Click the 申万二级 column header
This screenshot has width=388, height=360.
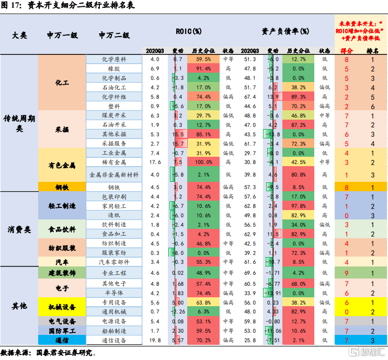[x=113, y=36]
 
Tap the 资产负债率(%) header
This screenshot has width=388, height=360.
[x=286, y=31]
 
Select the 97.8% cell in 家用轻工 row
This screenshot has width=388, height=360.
[x=298, y=206]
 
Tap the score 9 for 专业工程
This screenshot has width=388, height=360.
[x=346, y=273]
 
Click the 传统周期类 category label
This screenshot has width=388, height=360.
[x=19, y=122]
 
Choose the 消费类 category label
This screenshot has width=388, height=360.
[x=19, y=229]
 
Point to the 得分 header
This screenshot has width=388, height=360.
[x=346, y=51]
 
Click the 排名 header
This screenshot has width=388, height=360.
[x=373, y=51]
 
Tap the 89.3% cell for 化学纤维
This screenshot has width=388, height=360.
[x=298, y=97]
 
